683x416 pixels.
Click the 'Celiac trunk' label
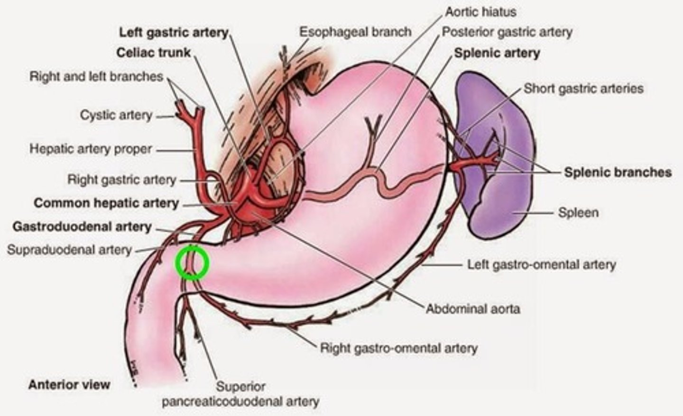click(x=153, y=52)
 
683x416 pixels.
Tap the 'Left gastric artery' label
click(x=174, y=33)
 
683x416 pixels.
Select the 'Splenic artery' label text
click(x=497, y=53)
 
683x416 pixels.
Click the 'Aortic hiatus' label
click(x=480, y=11)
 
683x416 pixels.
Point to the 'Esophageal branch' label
click(x=355, y=32)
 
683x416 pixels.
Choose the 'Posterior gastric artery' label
click(x=507, y=32)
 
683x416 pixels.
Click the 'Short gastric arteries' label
click(x=583, y=89)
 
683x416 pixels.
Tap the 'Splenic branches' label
click(x=618, y=172)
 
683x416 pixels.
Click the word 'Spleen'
click(x=578, y=212)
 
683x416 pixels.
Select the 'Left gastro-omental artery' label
click(x=541, y=264)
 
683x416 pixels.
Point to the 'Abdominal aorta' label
click(x=472, y=309)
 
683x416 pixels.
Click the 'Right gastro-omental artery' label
click(x=398, y=348)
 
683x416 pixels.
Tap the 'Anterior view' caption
click(x=69, y=384)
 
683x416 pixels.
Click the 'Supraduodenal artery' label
click(x=69, y=250)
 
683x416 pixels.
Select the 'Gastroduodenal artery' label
click(x=82, y=226)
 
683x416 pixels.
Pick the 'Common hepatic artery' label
click(x=106, y=203)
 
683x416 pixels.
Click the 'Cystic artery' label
click(x=116, y=115)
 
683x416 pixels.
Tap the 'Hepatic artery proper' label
click(x=91, y=149)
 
